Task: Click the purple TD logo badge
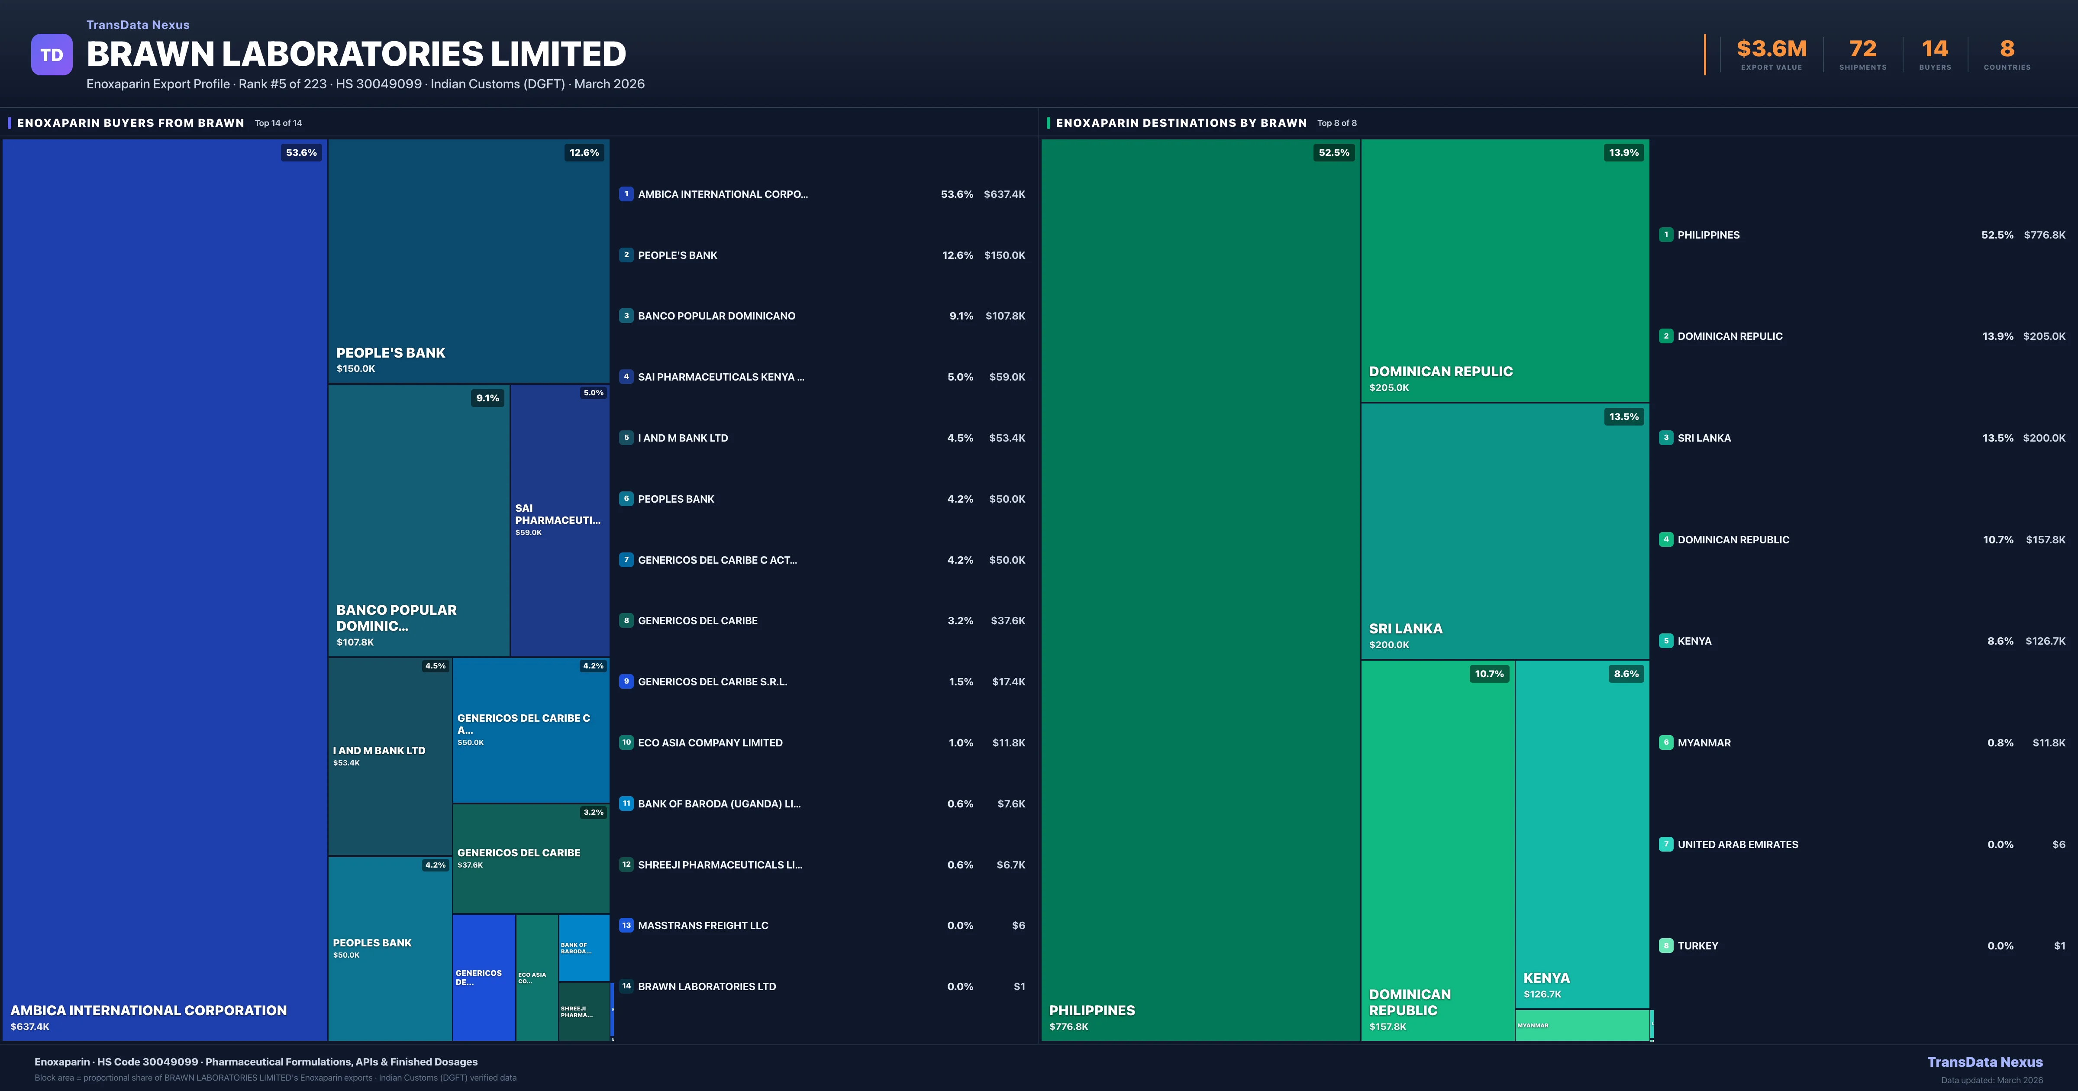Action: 52,55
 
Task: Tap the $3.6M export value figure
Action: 1771,49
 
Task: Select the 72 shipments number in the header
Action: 1862,49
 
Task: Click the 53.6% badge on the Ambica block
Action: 301,152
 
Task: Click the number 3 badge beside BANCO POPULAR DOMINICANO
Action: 626,316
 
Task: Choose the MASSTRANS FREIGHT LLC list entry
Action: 703,926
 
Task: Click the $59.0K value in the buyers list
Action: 1007,377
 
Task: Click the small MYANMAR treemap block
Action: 1581,1025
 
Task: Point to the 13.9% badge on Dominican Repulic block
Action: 1623,152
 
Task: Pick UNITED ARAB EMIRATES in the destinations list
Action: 1738,844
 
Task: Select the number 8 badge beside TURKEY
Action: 1666,946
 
